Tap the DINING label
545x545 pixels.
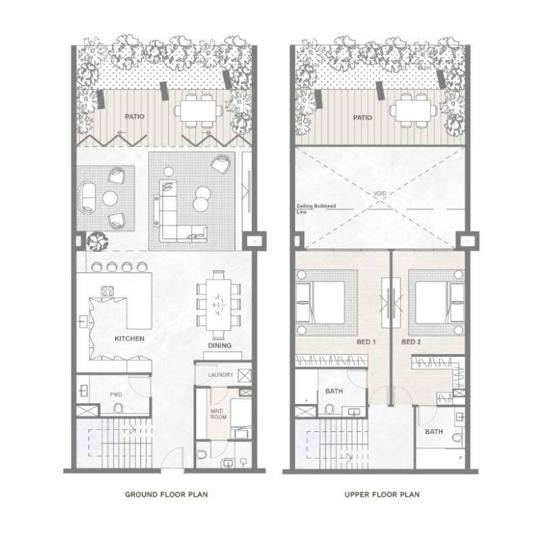[x=219, y=345]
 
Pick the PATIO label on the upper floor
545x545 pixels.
[x=362, y=117]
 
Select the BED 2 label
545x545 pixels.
[x=411, y=342]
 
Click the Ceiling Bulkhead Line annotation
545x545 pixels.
[x=313, y=208]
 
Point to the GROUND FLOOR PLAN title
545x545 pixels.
[x=166, y=495]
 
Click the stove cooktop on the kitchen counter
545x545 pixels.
[x=108, y=291]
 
